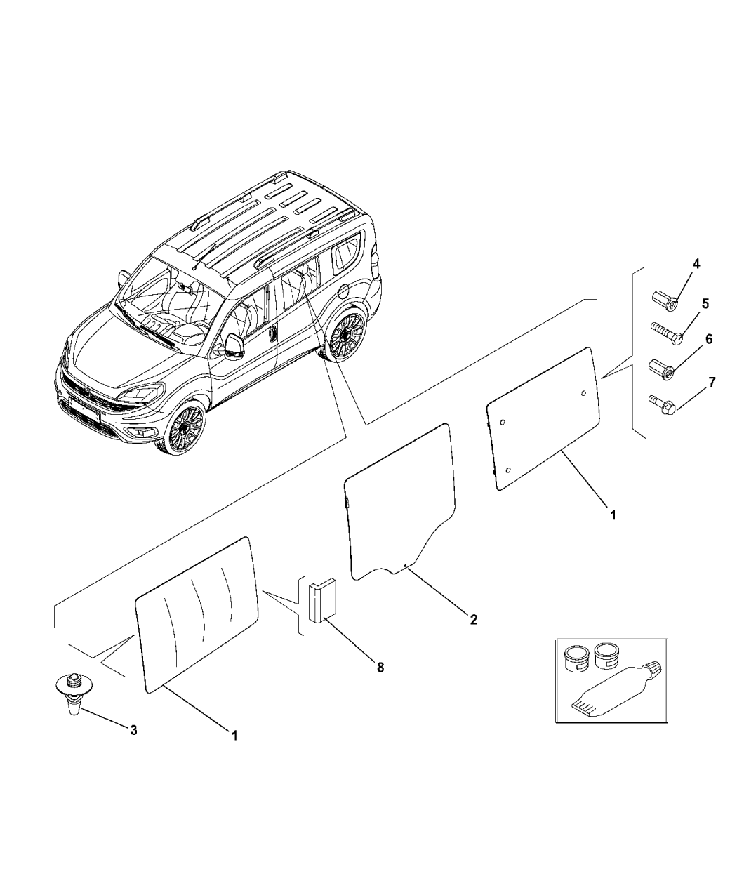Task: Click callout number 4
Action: (696, 264)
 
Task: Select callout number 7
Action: (712, 382)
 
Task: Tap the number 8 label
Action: (380, 668)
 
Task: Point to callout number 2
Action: (473, 619)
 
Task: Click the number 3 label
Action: (133, 730)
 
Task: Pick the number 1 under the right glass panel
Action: (613, 514)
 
